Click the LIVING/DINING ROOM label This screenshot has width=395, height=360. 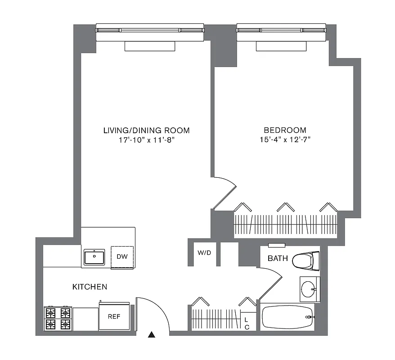coord(147,130)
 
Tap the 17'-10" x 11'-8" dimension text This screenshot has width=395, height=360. coord(147,139)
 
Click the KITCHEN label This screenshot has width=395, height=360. coord(90,287)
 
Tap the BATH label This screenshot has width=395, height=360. coord(278,258)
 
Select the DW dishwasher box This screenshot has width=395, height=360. coord(122,257)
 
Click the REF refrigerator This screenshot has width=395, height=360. coord(115,316)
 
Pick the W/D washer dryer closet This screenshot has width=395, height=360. coord(204,253)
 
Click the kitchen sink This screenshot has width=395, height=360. coord(94,257)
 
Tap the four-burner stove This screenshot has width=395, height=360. coord(58,318)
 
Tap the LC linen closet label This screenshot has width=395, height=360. coord(247,323)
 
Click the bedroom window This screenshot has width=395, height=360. coord(282,30)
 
